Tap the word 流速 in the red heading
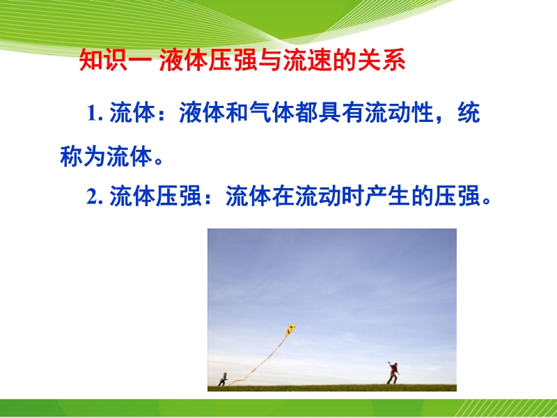[x=307, y=60]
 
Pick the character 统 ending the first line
[x=469, y=113]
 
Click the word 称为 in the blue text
[x=83, y=156]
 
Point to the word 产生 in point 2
[x=389, y=196]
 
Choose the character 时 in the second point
[x=354, y=196]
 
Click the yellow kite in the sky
[x=291, y=330]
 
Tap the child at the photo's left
[x=223, y=379]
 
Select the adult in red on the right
[x=393, y=373]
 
